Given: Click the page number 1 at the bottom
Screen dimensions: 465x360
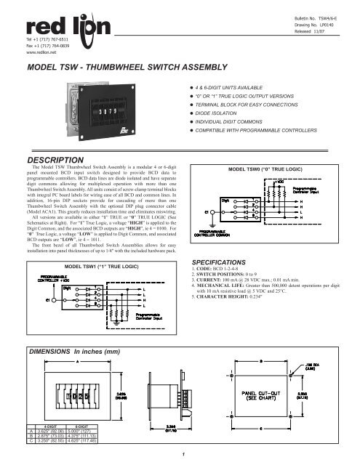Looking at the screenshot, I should (x=179, y=456).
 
